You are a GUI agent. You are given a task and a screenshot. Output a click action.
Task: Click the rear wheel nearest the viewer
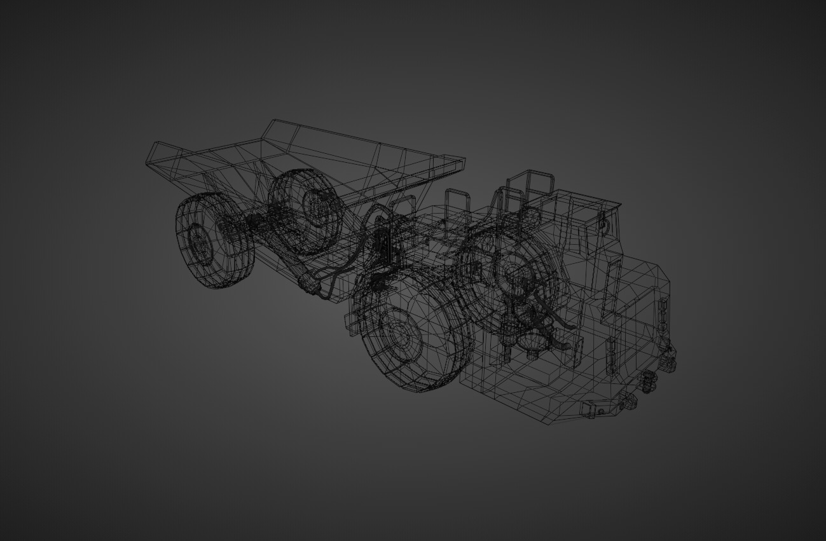pos(214,240)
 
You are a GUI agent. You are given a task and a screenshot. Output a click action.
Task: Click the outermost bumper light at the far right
pos(668,362)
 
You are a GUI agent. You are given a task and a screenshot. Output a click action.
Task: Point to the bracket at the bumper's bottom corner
pos(594,409)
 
